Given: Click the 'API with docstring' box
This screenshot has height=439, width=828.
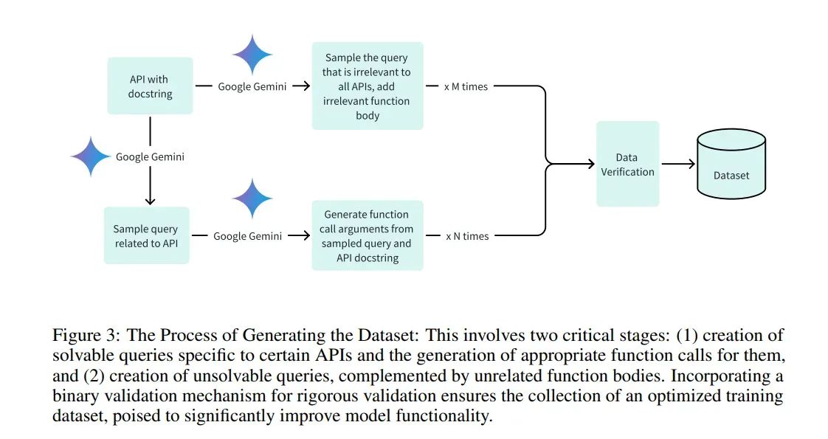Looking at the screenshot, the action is (x=150, y=86).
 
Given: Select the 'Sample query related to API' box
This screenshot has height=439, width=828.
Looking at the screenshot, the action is (x=146, y=235).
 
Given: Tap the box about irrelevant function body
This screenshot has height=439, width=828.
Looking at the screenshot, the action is (x=368, y=86).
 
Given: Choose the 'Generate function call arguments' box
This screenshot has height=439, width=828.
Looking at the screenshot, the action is (x=368, y=235).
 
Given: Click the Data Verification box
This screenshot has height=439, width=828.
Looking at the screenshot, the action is (x=627, y=164).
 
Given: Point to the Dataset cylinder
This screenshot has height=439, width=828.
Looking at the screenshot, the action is (x=731, y=164).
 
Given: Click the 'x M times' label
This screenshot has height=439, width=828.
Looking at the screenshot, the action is (x=466, y=86).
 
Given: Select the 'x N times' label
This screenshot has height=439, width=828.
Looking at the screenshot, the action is (x=467, y=236).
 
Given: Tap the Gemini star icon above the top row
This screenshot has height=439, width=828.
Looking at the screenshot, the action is (x=252, y=55).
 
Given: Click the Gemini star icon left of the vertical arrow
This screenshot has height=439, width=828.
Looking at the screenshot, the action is (x=91, y=156).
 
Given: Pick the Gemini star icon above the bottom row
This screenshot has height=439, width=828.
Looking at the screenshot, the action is (x=252, y=198).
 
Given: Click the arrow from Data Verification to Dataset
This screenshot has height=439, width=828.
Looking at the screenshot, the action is (x=678, y=164).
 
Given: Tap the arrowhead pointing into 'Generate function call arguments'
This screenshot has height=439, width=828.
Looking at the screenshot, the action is (x=306, y=235).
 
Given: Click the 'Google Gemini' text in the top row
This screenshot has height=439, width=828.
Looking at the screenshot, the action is (x=252, y=86).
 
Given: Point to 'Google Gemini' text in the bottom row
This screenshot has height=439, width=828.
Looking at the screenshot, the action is (x=248, y=236).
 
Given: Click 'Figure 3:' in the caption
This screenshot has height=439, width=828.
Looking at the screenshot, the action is (x=87, y=336).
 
